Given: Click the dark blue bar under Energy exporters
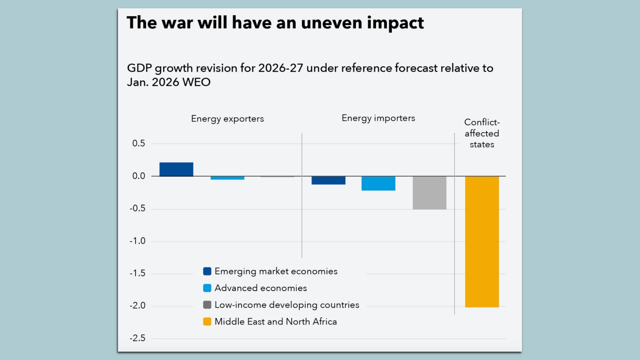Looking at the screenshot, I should pos(176,169).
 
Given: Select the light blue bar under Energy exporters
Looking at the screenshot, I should pos(227,178).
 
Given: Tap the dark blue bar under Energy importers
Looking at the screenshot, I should pos(328,180).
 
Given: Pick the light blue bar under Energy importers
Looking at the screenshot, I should pos(378,183).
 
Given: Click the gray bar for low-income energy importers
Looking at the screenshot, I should pos(429,193).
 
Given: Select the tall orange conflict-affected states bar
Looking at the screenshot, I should pos(482,242).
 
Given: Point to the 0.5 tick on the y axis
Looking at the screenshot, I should pos(139,143).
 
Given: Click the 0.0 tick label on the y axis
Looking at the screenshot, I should pos(139,176).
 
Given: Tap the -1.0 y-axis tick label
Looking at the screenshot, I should pos(138,241).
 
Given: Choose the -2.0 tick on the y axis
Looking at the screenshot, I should pos(138,306).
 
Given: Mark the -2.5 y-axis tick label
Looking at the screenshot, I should pos(138,338).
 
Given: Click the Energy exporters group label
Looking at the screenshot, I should pos(227,119).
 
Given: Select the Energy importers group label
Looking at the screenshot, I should pos(378,118).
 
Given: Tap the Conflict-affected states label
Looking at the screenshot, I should pos(482,133).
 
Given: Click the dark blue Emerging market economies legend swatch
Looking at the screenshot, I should pos(207,271).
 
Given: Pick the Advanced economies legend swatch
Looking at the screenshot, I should pos(207,288).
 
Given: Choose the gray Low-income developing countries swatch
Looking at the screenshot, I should pos(207,305).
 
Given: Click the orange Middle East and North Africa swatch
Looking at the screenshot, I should pos(207,322).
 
